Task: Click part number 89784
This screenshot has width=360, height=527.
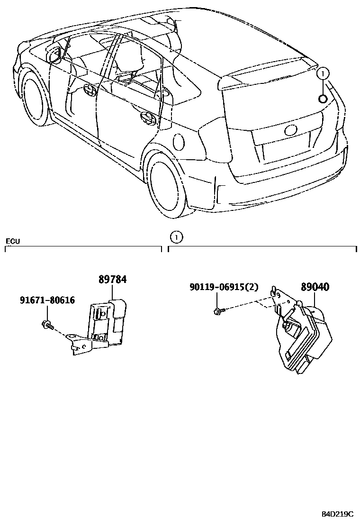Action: (112, 280)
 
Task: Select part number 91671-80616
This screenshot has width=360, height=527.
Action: (47, 300)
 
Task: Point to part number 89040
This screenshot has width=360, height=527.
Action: (315, 287)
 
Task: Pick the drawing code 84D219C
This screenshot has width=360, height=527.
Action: (338, 514)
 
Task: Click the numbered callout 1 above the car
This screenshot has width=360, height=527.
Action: (322, 73)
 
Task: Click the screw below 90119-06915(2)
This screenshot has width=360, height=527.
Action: (218, 311)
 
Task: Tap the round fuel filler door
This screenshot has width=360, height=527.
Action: (179, 141)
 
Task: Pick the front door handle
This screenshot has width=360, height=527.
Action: (88, 89)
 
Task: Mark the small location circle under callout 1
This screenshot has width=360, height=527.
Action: (322, 98)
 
